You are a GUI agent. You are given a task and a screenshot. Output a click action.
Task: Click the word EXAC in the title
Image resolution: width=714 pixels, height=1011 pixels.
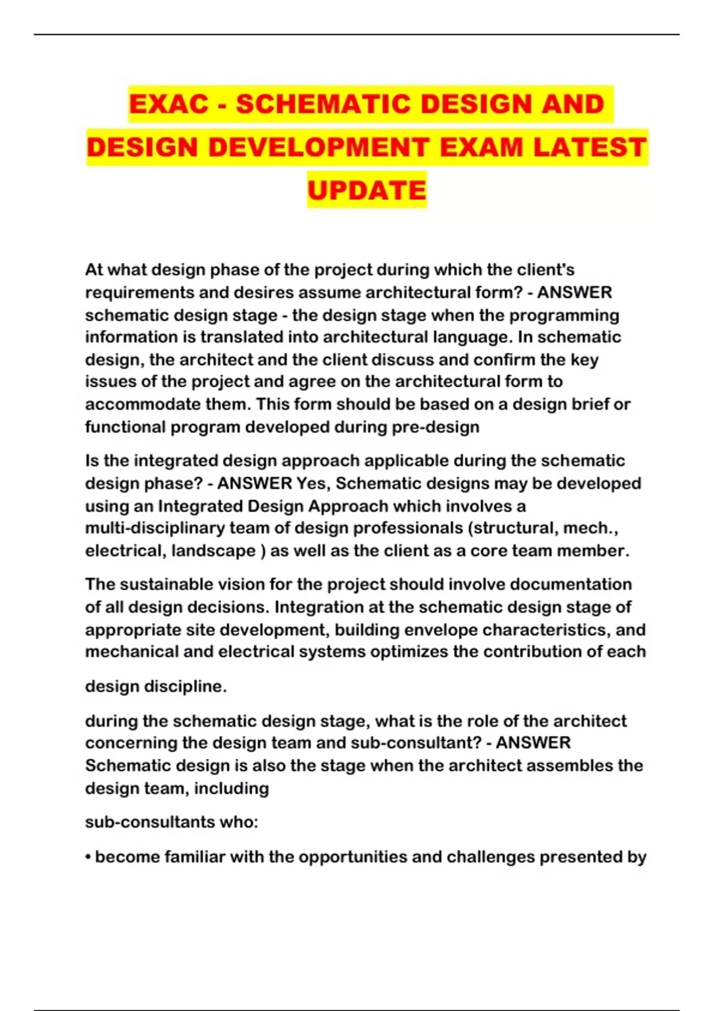click(x=169, y=104)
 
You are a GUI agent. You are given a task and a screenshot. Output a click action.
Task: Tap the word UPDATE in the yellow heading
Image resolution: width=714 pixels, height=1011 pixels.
click(x=367, y=190)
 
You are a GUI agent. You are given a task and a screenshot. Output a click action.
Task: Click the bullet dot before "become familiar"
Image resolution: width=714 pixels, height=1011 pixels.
click(x=88, y=857)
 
